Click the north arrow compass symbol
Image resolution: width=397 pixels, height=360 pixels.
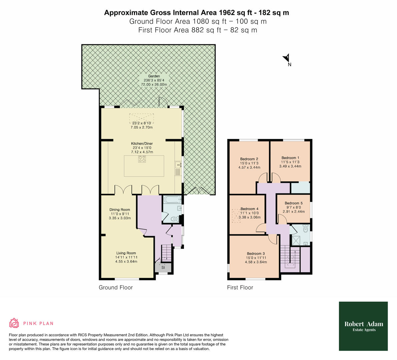287,59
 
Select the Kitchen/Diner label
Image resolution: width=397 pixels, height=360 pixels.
142,144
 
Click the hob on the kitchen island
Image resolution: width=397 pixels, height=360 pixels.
142,159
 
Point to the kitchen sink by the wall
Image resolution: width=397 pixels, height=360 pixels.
177,165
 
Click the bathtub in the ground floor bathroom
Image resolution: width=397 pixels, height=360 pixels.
172,200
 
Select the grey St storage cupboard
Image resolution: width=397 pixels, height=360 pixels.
163,267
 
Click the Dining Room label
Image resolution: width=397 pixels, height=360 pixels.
120,210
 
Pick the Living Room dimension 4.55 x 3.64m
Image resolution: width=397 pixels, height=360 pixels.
126,262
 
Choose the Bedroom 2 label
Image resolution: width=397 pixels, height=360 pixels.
249,159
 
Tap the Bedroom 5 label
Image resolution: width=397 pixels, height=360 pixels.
293,203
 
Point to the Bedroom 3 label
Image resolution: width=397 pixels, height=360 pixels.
256,253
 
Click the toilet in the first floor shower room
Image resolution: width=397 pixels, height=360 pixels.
305,229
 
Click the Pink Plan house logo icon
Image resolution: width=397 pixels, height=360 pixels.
14,323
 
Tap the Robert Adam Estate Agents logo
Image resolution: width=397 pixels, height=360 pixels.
363,326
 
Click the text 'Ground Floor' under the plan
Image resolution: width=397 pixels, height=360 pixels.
116,287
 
